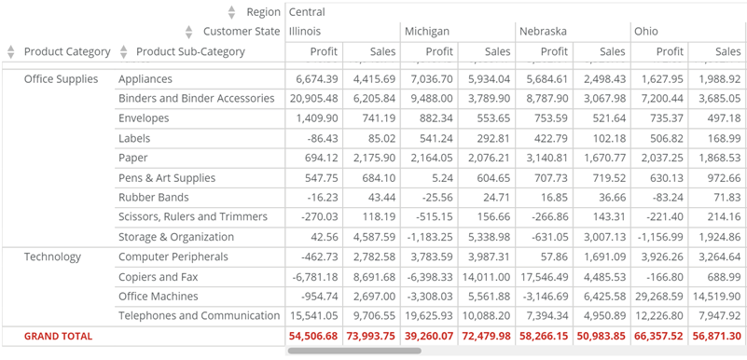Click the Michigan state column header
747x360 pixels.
point(427,32)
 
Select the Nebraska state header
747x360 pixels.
point(543,32)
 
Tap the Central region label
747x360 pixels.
point(307,12)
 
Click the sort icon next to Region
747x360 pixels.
point(232,12)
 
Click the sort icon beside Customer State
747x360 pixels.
point(189,32)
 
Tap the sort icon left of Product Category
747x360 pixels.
point(11,52)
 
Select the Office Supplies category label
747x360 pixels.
point(61,79)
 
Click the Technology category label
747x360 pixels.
point(52,256)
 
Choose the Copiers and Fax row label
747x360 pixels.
point(158,277)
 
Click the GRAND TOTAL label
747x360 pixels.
point(58,336)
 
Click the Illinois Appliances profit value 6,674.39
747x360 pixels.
point(311,79)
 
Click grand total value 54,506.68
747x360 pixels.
point(313,336)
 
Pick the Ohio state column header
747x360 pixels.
point(645,32)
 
